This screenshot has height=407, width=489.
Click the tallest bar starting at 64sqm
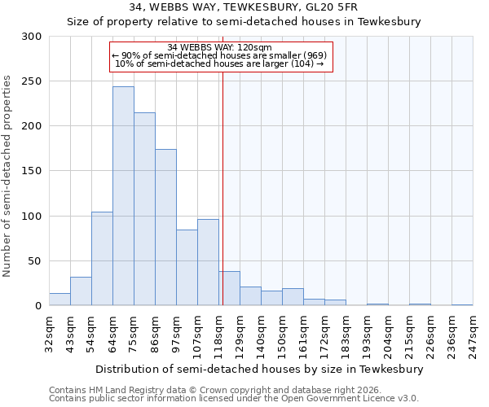123,196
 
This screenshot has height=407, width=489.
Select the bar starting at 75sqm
144,209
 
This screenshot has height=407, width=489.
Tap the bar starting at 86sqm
165,227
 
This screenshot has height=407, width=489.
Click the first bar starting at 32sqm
59,300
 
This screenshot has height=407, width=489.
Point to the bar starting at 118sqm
229,289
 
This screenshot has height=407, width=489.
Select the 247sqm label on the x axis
473,332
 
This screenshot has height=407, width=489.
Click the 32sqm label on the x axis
49,332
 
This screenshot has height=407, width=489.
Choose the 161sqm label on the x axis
303,332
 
